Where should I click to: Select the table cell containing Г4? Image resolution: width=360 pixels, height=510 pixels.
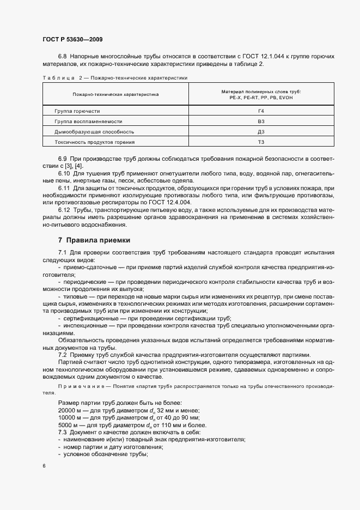[x=261, y=111]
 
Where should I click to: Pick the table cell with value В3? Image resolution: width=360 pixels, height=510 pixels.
[x=261, y=121]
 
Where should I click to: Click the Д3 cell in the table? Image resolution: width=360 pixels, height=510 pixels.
[x=261, y=131]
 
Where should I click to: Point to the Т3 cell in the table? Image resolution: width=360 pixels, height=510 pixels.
[x=261, y=142]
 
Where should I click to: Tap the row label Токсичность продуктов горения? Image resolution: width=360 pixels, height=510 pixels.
[x=95, y=142]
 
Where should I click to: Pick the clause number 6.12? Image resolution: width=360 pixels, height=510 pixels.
[x=64, y=210]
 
